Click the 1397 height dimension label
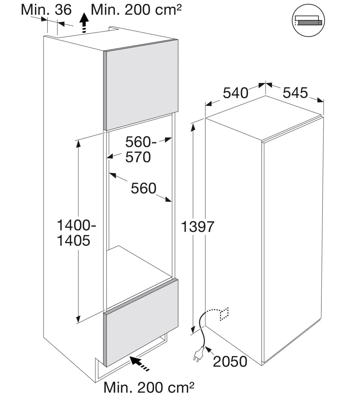pyautogui.click(x=197, y=227)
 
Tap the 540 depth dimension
pyautogui.click(x=236, y=93)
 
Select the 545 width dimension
pyautogui.click(x=295, y=93)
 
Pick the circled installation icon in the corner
pyautogui.click(x=308, y=20)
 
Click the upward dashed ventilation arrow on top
pyautogui.click(x=84, y=23)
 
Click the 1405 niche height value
pyautogui.click(x=74, y=241)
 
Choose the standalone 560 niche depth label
pyautogui.click(x=144, y=188)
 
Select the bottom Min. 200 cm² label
pyautogui.click(x=149, y=388)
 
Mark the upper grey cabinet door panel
pyautogui.click(x=141, y=85)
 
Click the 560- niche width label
pyautogui.click(x=141, y=142)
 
